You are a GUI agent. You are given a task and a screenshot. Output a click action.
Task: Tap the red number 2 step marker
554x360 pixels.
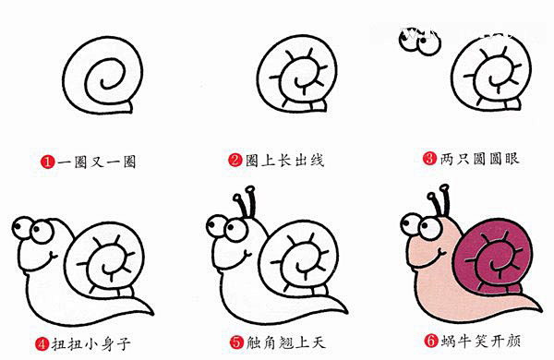[x=235, y=161]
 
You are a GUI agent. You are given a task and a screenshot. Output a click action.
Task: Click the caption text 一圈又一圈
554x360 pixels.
[x=97, y=162]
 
